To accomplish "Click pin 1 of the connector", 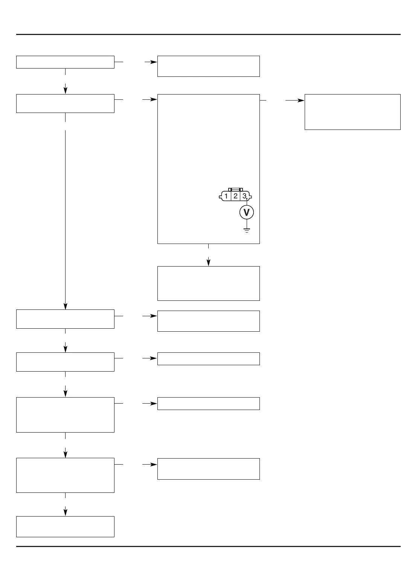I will [226, 196].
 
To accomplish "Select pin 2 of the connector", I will [235, 196].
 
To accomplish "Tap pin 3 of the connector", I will [244, 196].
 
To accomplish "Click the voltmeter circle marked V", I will [247, 213].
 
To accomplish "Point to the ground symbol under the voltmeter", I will [247, 230].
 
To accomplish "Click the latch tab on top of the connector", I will [235, 189].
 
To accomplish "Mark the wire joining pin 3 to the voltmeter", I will [247, 203].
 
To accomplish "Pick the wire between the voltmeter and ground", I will [247, 223].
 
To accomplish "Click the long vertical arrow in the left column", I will [66, 218].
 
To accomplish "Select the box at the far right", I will [352, 112].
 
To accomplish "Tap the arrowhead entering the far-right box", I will [301, 101].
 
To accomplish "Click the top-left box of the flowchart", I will [65, 62].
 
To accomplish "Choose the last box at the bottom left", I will [65, 526].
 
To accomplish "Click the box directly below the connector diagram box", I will [208, 283].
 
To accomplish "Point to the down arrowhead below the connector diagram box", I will [208, 262].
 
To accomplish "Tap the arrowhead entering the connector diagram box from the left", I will [154, 100].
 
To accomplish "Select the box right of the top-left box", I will [208, 66].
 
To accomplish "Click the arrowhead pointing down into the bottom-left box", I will [66, 511].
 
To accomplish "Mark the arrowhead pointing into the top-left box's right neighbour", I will [154, 62].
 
